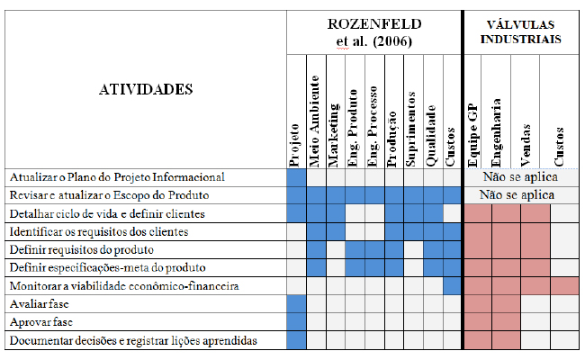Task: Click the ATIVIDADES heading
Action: [146, 89]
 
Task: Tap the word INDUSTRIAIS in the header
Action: [520, 40]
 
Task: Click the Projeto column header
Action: [294, 145]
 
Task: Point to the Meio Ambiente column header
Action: [314, 121]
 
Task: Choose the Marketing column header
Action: [334, 135]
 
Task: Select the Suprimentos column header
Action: [410, 129]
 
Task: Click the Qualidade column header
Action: [430, 136]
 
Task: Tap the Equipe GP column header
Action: [472, 135]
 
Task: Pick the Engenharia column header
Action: [496, 133]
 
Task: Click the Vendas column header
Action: [526, 146]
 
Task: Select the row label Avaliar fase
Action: [40, 304]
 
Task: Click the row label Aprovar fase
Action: [41, 322]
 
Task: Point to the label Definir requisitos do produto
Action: [82, 249]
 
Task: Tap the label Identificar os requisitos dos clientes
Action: [99, 231]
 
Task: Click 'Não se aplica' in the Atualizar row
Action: [520, 176]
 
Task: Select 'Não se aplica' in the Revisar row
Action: [517, 194]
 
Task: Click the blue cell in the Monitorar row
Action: [453, 286]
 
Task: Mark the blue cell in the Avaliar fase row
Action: [297, 304]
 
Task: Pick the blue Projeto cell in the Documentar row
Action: [297, 340]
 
